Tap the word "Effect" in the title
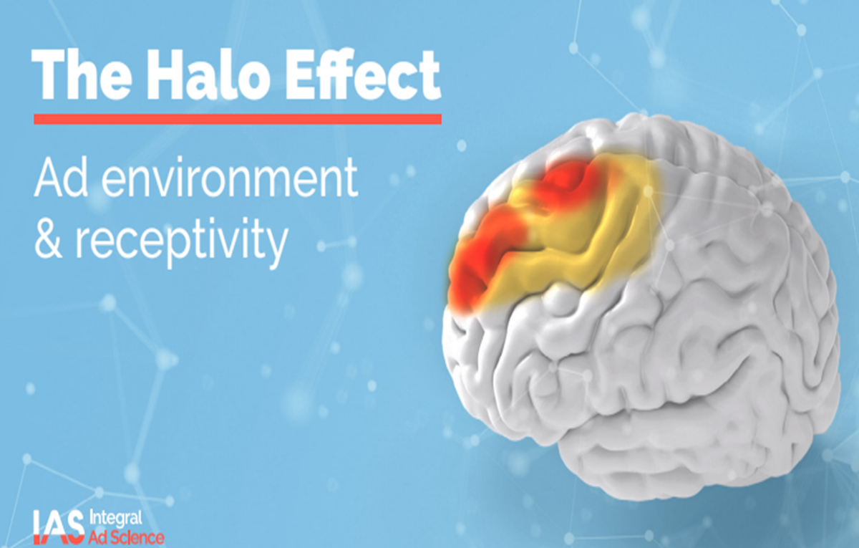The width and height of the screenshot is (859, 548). pos(362,74)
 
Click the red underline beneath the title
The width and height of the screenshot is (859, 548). pos(238,119)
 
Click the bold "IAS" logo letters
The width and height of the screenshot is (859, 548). pos(58,527)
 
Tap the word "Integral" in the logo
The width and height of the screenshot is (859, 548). pos(115,519)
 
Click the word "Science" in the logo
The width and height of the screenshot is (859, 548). pos(137,537)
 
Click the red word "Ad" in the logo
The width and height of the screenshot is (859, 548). pos(98,537)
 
